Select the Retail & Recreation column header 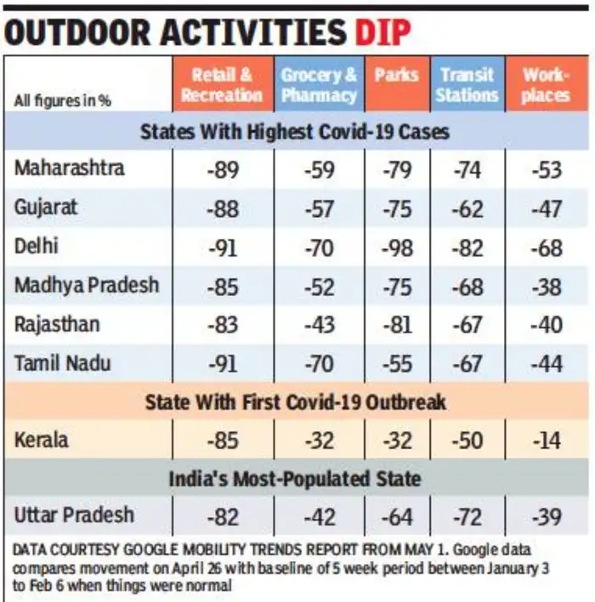pos(221,84)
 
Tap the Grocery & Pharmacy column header pos(319,84)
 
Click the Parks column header pos(397,75)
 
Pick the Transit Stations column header pos(467,84)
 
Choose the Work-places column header pos(546,84)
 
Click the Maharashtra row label pos(69,168)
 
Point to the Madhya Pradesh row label pos(86,285)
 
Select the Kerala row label pos(42,440)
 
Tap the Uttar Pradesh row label pos(74,514)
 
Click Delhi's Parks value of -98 pos(397,247)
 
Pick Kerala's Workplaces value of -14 pos(547,442)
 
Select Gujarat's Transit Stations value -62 pos(467,208)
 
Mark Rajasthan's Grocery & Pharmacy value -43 pos(319,326)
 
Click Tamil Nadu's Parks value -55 pos(397,365)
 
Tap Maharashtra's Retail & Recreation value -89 pos(222,169)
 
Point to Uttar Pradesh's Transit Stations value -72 pos(467,516)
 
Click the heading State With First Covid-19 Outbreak pos(295,401)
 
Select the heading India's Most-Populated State pos(295,479)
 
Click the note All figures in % pos(63,100)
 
